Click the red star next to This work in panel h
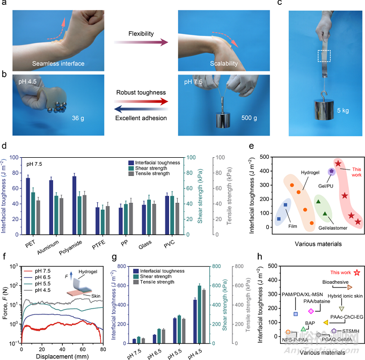coord(357,273)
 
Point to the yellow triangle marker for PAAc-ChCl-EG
coord(326,322)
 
